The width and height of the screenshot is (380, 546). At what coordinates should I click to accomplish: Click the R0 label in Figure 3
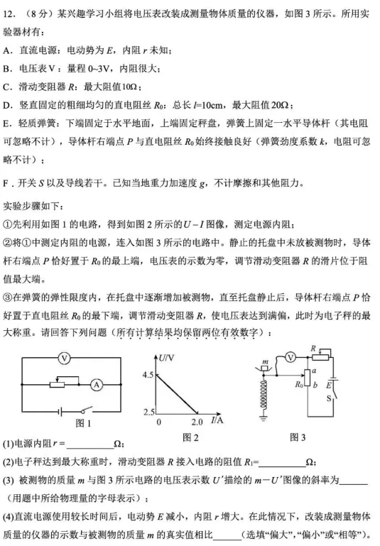(298, 384)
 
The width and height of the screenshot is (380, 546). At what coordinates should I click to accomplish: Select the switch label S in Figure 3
(328, 399)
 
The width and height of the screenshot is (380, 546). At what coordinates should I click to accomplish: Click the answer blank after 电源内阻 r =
(88, 445)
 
